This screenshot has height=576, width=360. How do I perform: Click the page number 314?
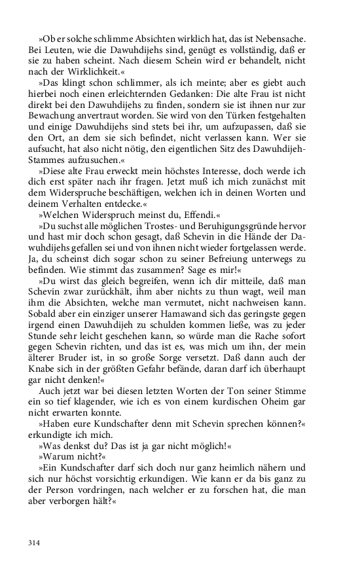pyautogui.click(x=35, y=543)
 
